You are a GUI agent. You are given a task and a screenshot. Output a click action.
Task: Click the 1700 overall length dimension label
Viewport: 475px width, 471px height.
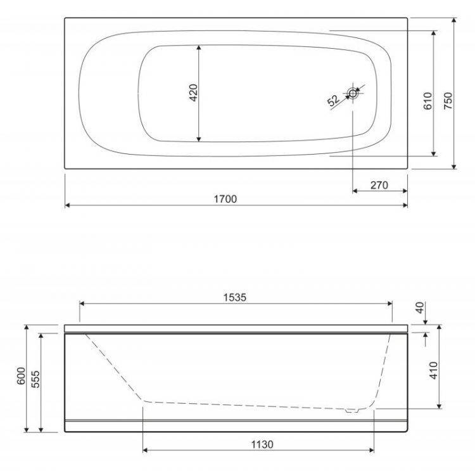click(225, 199)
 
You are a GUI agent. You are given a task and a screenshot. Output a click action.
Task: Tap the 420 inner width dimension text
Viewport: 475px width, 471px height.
click(194, 93)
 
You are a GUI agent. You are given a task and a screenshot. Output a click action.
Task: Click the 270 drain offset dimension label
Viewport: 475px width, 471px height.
click(379, 185)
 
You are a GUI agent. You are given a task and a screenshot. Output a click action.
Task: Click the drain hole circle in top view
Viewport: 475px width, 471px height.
click(353, 94)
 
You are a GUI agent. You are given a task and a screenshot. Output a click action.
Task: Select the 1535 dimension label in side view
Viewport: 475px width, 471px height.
click(234, 297)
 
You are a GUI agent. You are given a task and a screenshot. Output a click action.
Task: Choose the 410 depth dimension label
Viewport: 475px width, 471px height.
click(433, 370)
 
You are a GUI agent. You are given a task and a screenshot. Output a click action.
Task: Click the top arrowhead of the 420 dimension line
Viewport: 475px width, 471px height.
click(199, 48)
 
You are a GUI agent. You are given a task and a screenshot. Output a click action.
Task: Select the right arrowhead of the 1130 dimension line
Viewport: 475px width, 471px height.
click(372, 451)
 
